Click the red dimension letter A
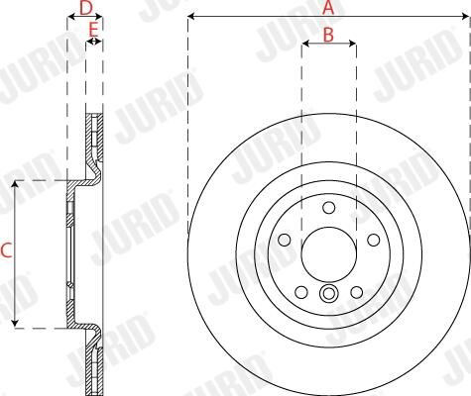pos(328,7)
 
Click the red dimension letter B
pos(328,35)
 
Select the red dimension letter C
pos(6,250)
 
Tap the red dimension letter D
pos(85,8)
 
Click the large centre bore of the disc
pos(329,254)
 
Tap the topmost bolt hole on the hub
pos(329,208)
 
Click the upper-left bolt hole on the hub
pos(285,240)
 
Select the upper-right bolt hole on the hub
pos(374,240)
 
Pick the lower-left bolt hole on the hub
pos(301,292)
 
